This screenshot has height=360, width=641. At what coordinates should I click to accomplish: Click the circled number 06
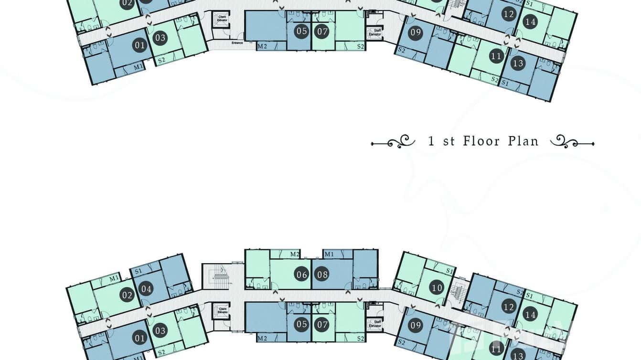click(301, 275)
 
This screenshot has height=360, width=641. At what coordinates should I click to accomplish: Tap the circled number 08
click(322, 275)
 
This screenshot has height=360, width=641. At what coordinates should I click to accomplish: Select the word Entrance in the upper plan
click(237, 43)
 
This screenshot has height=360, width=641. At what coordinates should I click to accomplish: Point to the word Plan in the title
click(523, 141)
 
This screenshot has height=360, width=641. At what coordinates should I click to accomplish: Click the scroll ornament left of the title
click(392, 141)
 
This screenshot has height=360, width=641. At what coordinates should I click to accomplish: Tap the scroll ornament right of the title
click(572, 141)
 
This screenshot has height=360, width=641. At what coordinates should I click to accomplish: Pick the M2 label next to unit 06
click(295, 254)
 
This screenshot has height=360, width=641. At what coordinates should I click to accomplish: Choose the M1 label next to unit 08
click(329, 254)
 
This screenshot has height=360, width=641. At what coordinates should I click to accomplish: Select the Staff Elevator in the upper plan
click(374, 32)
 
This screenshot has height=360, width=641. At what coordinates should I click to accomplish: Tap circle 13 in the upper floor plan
click(517, 63)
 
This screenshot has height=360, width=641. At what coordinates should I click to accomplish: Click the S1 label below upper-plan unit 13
click(505, 83)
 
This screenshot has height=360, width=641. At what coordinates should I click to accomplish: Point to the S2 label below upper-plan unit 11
click(495, 79)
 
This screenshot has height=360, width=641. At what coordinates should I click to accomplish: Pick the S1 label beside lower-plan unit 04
click(139, 271)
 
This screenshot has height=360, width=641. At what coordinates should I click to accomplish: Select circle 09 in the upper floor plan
click(416, 33)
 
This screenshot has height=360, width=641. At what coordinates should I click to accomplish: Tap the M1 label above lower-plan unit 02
click(114, 278)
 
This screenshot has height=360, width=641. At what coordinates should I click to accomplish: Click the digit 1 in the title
click(431, 141)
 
